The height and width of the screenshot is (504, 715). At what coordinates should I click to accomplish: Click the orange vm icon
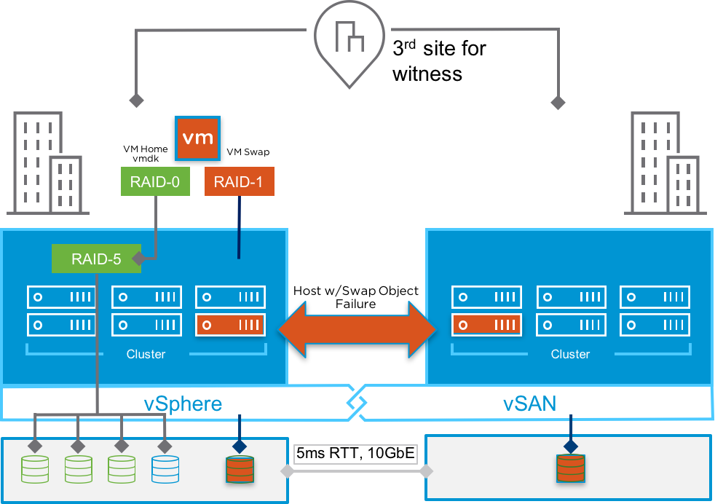pyautogui.click(x=197, y=138)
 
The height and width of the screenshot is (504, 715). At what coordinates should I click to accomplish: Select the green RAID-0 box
pyautogui.click(x=154, y=181)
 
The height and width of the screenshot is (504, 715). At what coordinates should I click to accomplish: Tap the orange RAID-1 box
pyautogui.click(x=240, y=181)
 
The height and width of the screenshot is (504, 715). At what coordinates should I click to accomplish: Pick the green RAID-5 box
pyautogui.click(x=96, y=259)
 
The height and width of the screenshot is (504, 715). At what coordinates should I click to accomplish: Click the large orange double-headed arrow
pyautogui.click(x=357, y=329)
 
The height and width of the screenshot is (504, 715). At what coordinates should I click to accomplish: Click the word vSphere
pyautogui.click(x=182, y=403)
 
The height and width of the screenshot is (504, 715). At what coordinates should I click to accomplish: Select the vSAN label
pyautogui.click(x=529, y=403)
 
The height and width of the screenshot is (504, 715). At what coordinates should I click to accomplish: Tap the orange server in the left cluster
pyautogui.click(x=230, y=325)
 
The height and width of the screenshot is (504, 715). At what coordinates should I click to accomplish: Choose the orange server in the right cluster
pyautogui.click(x=486, y=325)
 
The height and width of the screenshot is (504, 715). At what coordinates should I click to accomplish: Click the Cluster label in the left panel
pyautogui.click(x=146, y=354)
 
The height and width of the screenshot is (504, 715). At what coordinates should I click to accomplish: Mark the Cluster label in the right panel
pyautogui.click(x=570, y=354)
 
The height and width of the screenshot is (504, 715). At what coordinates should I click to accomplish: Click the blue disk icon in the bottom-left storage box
pyautogui.click(x=165, y=469)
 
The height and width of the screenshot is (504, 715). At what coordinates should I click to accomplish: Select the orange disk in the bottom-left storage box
pyautogui.click(x=240, y=469)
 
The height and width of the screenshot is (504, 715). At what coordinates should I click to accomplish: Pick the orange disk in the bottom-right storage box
pyautogui.click(x=572, y=469)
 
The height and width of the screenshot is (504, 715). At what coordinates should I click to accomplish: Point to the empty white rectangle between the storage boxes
pyautogui.click(x=355, y=454)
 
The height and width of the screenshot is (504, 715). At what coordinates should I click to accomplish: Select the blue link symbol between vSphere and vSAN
pyautogui.click(x=356, y=401)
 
